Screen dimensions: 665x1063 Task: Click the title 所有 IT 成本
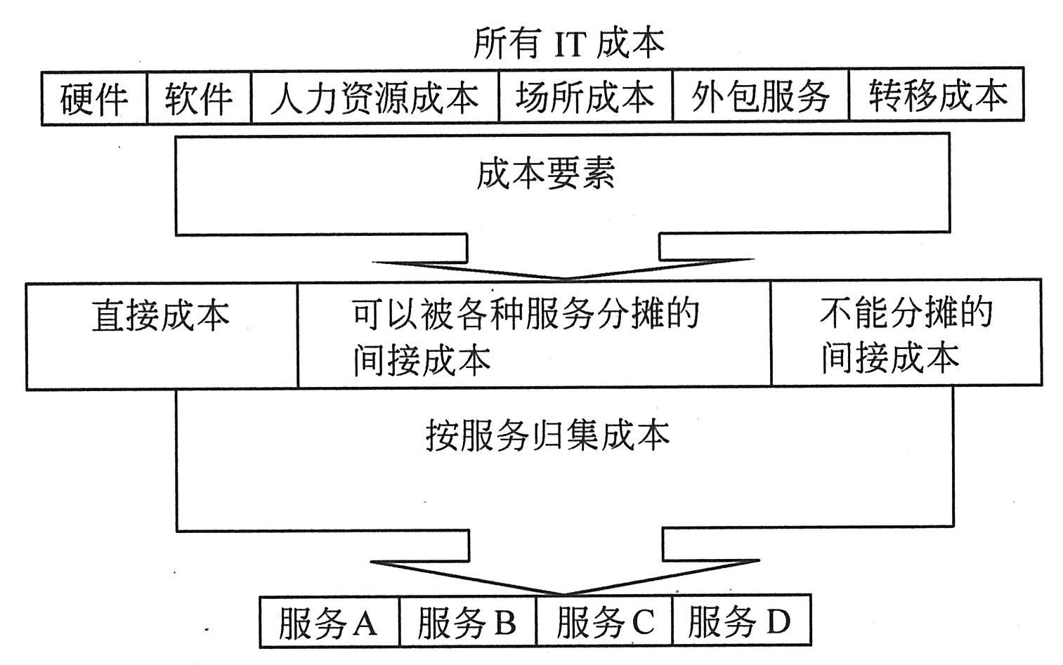point(568,44)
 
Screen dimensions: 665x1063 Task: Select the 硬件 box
point(94,98)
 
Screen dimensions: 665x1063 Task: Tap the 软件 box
point(199,98)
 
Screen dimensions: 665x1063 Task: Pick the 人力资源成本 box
point(374,98)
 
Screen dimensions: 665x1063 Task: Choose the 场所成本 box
point(585,96)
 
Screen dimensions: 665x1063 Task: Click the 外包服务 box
point(760,96)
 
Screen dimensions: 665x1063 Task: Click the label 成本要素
point(545,173)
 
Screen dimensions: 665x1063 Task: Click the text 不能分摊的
point(906,312)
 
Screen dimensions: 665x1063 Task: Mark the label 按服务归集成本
point(547,435)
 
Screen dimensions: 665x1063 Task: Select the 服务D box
point(740,621)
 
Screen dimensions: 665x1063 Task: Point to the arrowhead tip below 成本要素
point(562,279)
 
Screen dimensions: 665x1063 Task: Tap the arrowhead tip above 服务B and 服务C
point(564,593)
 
